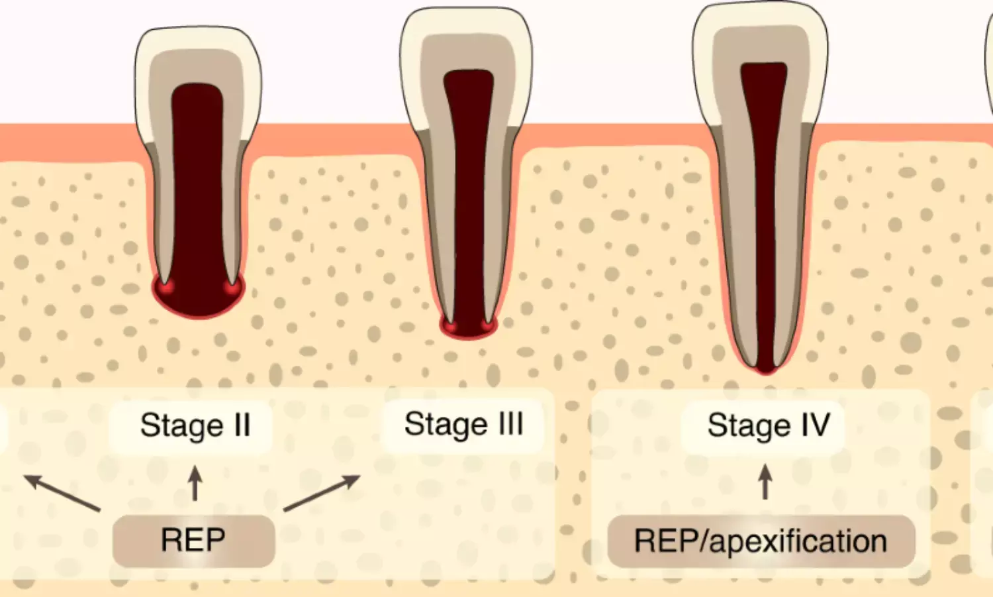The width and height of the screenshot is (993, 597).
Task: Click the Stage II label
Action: (195, 425)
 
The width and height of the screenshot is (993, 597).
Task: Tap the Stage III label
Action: (463, 424)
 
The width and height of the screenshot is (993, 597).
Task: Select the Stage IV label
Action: (768, 425)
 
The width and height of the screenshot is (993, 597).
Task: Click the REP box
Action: (193, 541)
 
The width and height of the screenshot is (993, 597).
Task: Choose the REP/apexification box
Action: (761, 541)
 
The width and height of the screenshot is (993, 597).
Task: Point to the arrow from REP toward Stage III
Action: (322, 492)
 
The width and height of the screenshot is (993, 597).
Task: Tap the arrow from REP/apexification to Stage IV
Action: (765, 481)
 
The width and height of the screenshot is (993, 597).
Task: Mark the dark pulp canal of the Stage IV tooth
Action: (764, 199)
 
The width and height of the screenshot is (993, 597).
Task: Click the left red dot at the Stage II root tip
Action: (164, 288)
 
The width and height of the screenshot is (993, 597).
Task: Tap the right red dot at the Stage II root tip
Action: (231, 288)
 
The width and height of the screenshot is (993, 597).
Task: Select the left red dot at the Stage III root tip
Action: (450, 326)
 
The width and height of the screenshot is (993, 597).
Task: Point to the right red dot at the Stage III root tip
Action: (487, 325)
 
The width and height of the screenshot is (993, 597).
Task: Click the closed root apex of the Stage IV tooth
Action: (765, 366)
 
